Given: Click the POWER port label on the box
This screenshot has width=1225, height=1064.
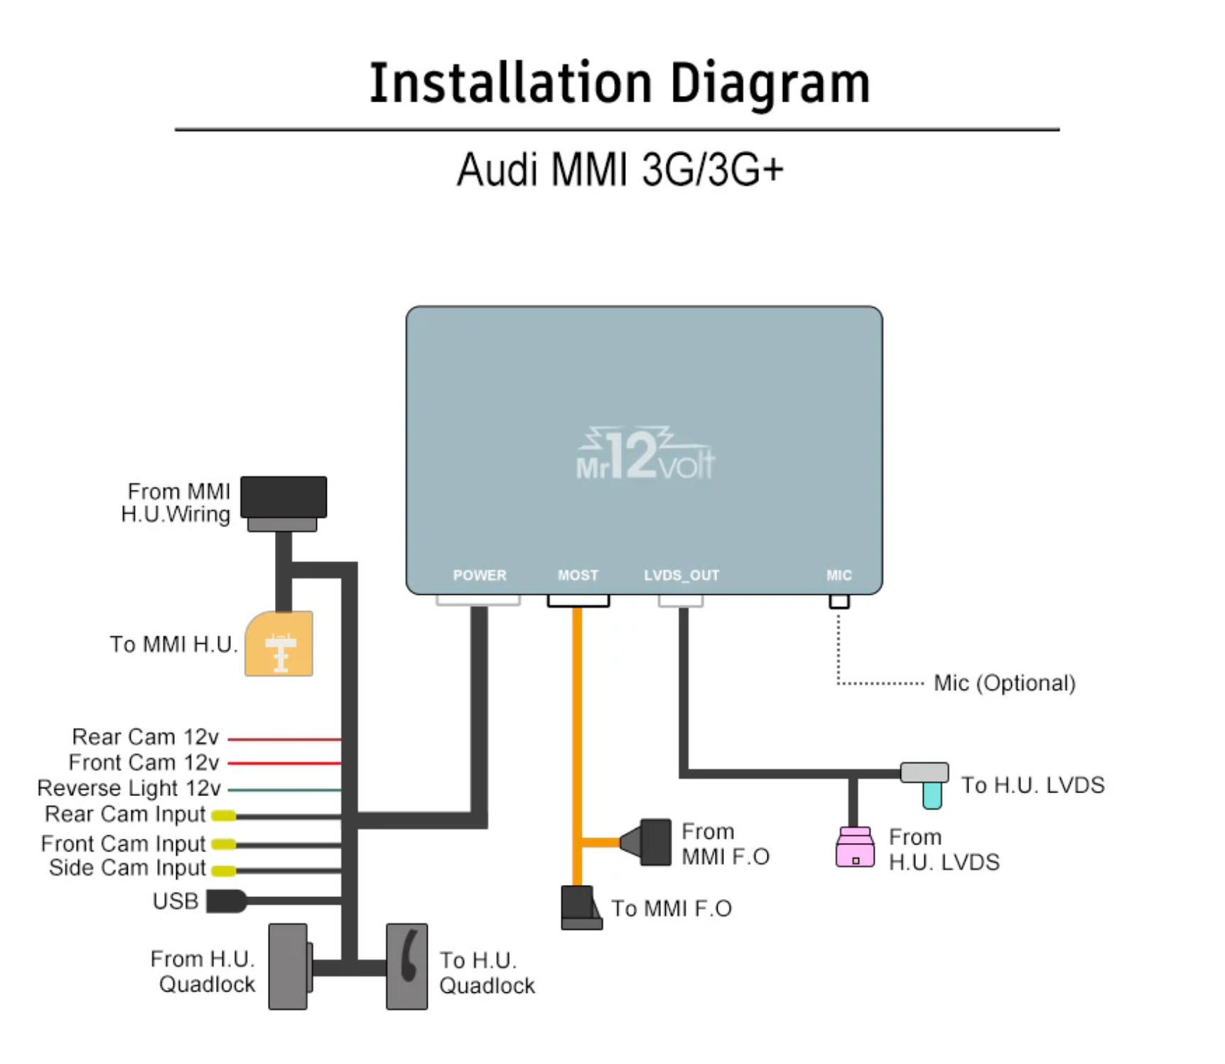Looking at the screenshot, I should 480,575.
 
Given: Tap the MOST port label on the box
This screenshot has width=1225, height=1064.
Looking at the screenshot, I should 578,575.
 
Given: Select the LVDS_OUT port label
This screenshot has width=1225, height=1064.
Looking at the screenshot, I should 681,575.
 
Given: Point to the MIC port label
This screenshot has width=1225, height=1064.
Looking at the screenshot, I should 838,575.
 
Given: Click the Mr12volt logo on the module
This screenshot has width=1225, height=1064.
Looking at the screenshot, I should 645,455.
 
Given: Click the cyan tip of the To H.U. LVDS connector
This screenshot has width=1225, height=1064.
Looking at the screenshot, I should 932,795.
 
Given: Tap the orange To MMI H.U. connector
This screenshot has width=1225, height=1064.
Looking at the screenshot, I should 279,644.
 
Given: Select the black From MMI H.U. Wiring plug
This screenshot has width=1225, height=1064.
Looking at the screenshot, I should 284,498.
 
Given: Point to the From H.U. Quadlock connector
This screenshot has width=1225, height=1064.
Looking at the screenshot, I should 288,967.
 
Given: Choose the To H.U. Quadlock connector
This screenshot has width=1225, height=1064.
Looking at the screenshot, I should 407,967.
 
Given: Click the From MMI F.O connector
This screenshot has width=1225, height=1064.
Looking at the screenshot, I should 650,842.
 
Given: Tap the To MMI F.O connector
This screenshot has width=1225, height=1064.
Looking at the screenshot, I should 581,908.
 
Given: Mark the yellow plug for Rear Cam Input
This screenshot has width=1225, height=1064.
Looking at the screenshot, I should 224,816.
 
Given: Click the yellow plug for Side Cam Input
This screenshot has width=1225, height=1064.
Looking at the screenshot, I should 224,871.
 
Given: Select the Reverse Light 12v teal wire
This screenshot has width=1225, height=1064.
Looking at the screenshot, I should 284,790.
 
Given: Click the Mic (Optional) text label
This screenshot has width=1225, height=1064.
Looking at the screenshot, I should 1004,683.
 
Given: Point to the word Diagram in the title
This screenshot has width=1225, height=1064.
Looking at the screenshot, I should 770,84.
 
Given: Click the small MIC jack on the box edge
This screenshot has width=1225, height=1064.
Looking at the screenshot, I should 839,602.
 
